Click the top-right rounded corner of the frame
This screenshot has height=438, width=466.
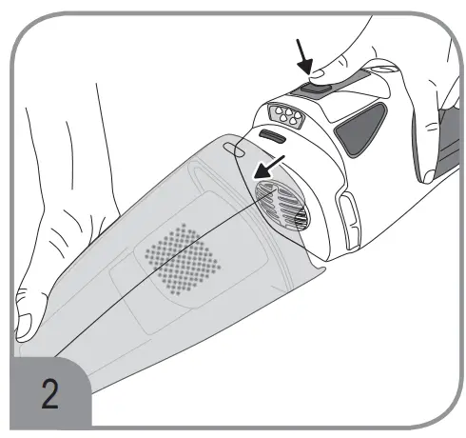(x=437, y=29)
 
